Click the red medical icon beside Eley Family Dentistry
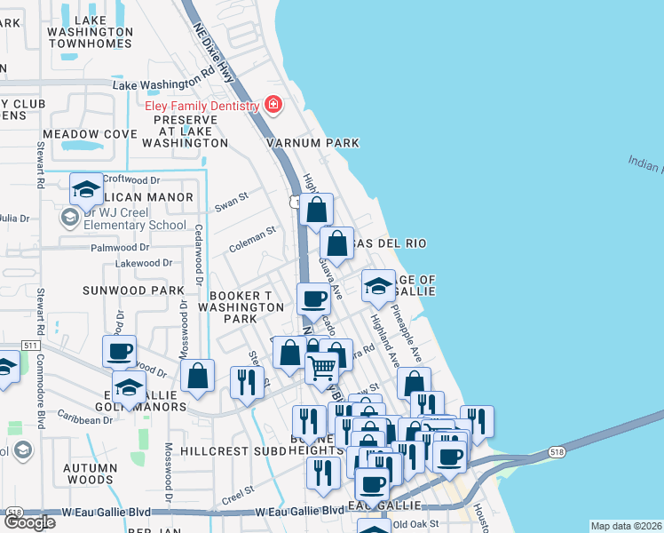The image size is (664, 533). click(x=273, y=106)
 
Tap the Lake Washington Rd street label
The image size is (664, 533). click(x=164, y=84)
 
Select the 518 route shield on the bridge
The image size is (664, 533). click(x=557, y=451)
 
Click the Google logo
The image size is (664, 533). click(x=28, y=521)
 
